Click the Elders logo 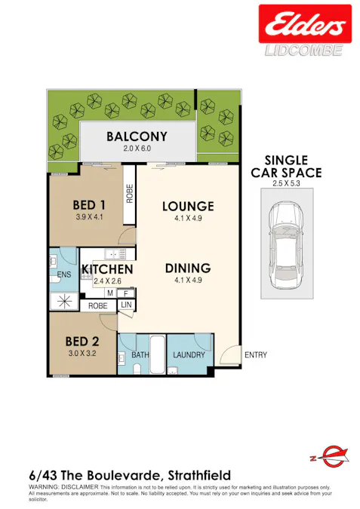(x=305, y=24)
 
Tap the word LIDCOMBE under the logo (x=305, y=50)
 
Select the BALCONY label (x=137, y=136)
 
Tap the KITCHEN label (x=107, y=269)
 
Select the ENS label (x=64, y=274)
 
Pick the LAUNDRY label (x=189, y=354)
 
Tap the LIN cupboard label (x=125, y=304)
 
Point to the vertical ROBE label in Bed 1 (x=130, y=195)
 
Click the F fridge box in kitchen (x=125, y=293)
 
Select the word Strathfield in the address (x=197, y=475)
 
